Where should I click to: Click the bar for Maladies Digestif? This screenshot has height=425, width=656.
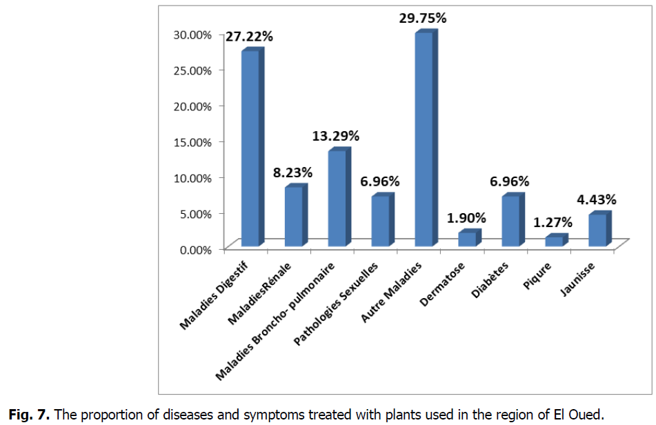point(250,148)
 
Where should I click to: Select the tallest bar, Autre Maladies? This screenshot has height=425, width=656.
point(424,138)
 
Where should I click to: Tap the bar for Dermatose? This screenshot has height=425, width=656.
point(468,239)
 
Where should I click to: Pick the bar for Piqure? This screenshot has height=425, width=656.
point(555,241)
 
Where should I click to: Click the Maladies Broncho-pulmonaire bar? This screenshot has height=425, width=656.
point(337,198)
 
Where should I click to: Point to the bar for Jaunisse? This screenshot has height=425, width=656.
point(598,230)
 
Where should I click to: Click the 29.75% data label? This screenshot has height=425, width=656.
point(422,19)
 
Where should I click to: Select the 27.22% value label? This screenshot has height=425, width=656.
point(249,37)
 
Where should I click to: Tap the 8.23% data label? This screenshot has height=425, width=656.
point(292,172)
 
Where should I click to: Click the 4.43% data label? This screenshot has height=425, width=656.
point(597,200)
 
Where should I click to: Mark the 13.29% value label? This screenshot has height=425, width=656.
point(336,136)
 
